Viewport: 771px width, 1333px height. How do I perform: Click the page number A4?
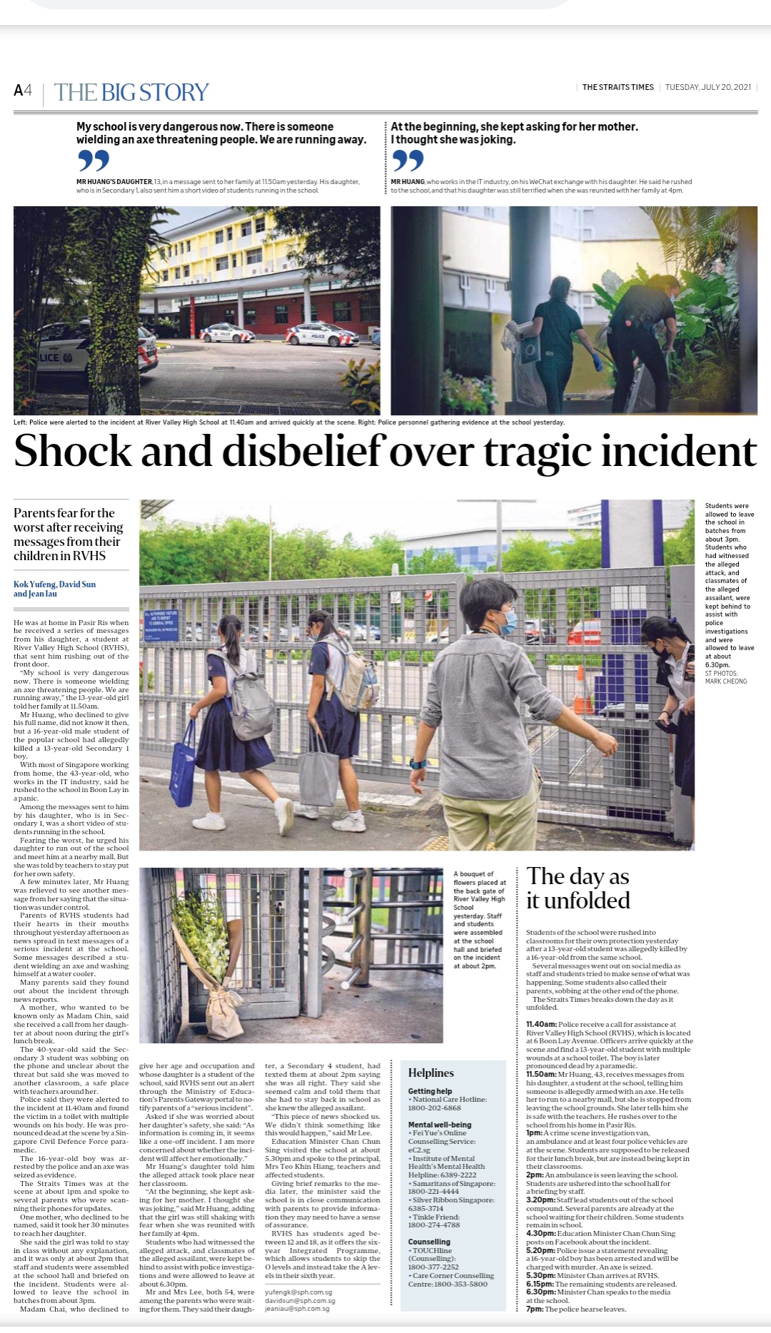click(x=23, y=91)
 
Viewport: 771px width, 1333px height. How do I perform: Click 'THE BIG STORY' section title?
click(x=131, y=92)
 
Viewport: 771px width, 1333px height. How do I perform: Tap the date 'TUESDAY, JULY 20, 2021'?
click(x=707, y=87)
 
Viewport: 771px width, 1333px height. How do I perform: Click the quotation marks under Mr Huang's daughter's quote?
click(x=94, y=161)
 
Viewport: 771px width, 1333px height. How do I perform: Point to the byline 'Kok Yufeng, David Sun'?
click(x=54, y=584)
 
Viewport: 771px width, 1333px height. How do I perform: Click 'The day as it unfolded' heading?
click(x=578, y=888)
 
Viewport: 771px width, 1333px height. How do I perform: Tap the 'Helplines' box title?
click(x=430, y=1073)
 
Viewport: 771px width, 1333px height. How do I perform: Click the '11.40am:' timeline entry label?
click(x=541, y=1024)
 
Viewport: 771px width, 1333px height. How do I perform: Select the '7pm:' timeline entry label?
click(x=535, y=1309)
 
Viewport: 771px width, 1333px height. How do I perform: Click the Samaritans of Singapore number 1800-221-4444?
click(x=433, y=1191)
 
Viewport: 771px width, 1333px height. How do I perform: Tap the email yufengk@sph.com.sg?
click(x=298, y=1292)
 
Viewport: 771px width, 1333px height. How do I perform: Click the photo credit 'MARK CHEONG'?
click(x=726, y=681)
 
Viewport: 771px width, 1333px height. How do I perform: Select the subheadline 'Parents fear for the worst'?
click(x=69, y=534)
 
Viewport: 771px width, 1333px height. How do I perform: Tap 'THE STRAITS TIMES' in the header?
click(x=618, y=87)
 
